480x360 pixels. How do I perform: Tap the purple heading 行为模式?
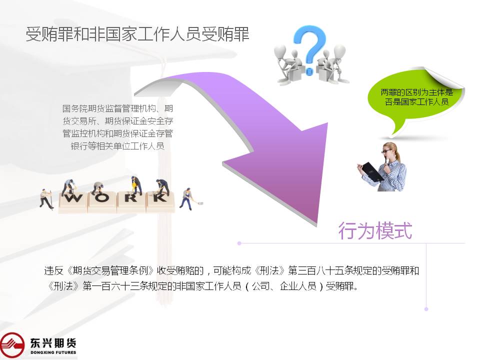(375, 231)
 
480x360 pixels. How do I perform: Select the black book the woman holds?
(371, 171)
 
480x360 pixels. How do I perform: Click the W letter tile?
(73, 202)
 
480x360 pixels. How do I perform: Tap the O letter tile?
(102, 202)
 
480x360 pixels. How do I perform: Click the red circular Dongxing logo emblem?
(11, 345)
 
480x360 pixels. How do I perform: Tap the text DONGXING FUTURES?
(53, 352)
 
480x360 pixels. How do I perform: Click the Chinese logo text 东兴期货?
(53, 343)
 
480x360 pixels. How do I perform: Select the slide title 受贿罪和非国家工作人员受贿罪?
(137, 34)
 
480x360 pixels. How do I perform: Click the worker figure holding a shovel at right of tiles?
(189, 199)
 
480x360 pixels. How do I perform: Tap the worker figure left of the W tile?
(46, 198)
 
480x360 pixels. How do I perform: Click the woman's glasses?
(386, 150)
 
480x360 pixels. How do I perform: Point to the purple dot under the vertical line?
(426, 309)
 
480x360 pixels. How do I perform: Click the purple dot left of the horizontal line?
(239, 243)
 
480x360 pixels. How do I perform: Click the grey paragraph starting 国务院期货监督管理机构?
(118, 127)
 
